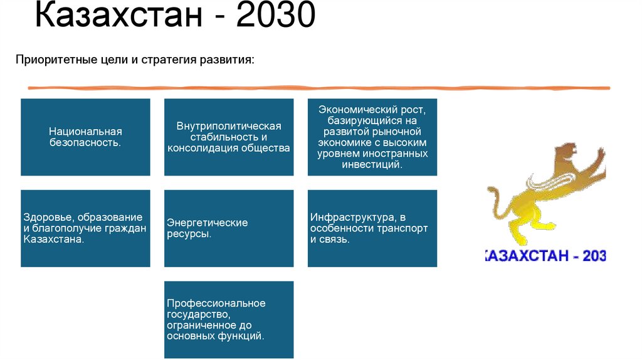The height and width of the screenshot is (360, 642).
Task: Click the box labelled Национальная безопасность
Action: (x=85, y=137)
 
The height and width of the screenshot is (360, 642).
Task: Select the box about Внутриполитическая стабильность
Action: (x=229, y=137)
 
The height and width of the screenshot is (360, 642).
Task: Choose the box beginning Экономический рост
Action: (x=372, y=137)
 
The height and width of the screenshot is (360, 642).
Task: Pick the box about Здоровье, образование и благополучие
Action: (x=85, y=228)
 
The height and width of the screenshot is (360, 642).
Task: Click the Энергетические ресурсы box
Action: (x=229, y=228)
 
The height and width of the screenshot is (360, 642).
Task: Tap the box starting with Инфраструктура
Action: (x=372, y=228)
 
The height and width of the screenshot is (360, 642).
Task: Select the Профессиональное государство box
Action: (x=229, y=319)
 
